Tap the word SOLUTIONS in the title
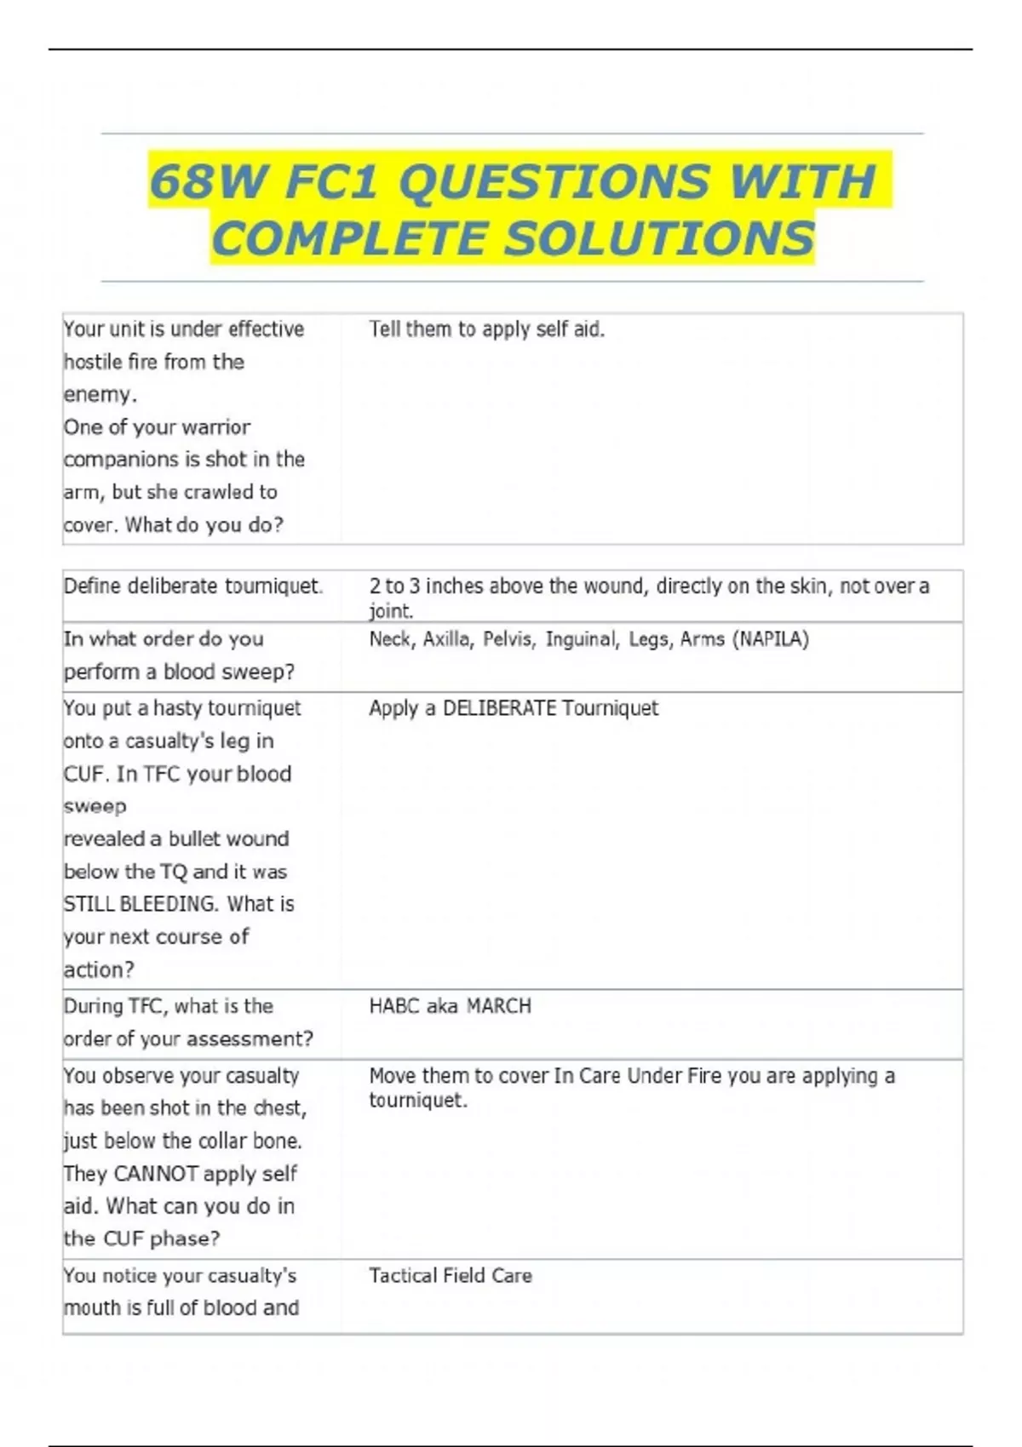[x=659, y=238]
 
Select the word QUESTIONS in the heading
[x=554, y=181]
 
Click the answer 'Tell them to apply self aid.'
[x=486, y=329]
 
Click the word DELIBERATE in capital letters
[x=499, y=708]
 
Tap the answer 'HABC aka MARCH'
[x=450, y=1006]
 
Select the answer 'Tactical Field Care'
[x=450, y=1275]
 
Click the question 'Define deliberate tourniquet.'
[x=193, y=586]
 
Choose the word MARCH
[x=498, y=1006]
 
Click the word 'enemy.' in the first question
[x=100, y=394]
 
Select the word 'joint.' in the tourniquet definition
[x=391, y=610]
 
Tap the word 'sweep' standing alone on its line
[x=95, y=806]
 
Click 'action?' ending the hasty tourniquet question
[x=99, y=969]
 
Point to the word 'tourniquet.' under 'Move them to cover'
[x=417, y=1100]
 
